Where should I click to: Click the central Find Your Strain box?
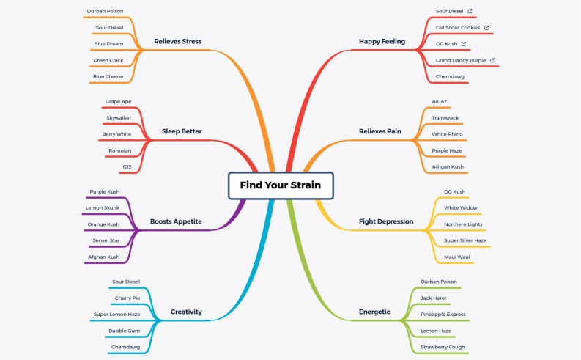pyautogui.click(x=281, y=185)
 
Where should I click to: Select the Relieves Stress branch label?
pyautogui.click(x=177, y=42)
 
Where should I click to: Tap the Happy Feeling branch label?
pyautogui.click(x=382, y=42)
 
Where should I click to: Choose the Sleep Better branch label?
pyautogui.click(x=182, y=132)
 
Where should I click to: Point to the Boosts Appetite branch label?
pyautogui.click(x=176, y=221)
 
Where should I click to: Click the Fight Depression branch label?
pyautogui.click(x=386, y=221)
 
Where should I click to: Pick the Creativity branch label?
pyautogui.click(x=186, y=312)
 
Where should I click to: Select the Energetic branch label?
pyautogui.click(x=374, y=312)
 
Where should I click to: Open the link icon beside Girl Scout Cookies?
pyautogui.click(x=486, y=28)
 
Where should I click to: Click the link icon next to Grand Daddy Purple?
pyautogui.click(x=492, y=60)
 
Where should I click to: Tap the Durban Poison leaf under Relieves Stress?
pyautogui.click(x=105, y=12)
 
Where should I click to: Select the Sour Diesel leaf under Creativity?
pyautogui.click(x=126, y=282)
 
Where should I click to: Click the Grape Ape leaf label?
pyautogui.click(x=118, y=101)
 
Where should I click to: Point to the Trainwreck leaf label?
pyautogui.click(x=445, y=118)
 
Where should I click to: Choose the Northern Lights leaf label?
pyautogui.click(x=463, y=224)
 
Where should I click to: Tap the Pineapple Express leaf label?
pyautogui.click(x=443, y=314)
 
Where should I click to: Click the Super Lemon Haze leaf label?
pyautogui.click(x=116, y=314)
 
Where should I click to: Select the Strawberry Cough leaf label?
pyautogui.click(x=443, y=347)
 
